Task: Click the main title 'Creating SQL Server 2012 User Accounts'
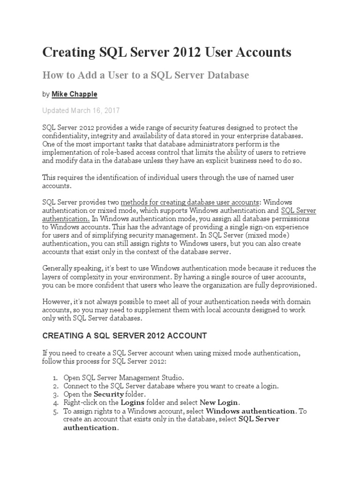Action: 167,52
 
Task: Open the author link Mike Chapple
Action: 75,94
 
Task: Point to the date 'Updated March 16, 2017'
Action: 81,111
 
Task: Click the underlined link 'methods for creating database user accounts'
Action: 190,202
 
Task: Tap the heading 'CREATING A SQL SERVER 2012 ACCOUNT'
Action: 125,336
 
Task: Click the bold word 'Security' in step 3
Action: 109,394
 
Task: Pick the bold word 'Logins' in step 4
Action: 133,403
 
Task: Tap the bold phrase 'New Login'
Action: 219,403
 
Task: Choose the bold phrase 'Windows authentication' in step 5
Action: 251,411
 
